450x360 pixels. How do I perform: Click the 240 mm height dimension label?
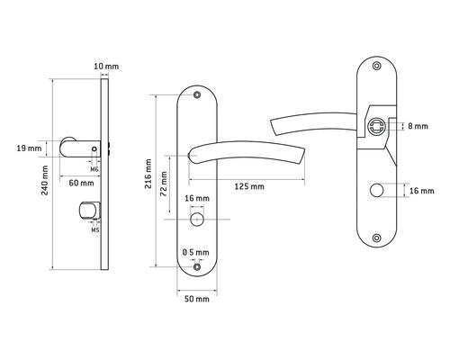click(45, 180)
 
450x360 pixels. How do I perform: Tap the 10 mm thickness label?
click(106, 67)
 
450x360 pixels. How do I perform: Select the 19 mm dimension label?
click(29, 148)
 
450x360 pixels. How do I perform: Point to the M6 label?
click(94, 169)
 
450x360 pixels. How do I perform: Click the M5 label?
click(95, 230)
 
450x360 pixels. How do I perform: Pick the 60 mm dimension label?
click(81, 183)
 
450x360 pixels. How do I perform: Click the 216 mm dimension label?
click(148, 174)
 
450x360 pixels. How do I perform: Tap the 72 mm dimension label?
click(164, 184)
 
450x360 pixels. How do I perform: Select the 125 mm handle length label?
click(249, 186)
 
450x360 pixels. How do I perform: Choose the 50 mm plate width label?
click(197, 299)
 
